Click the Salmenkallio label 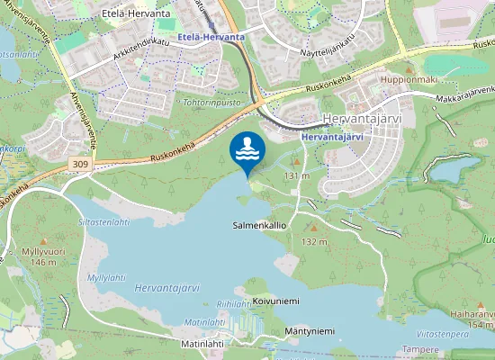pyautogui.click(x=258, y=225)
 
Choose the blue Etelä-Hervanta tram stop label pyautogui.click(x=211, y=36)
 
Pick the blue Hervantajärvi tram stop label pyautogui.click(x=333, y=136)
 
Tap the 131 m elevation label pyautogui.click(x=297, y=175)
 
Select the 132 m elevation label pyautogui.click(x=314, y=241)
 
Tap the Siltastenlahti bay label pyautogui.click(x=104, y=221)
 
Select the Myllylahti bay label pyautogui.click(x=106, y=278)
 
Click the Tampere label pyautogui.click(x=419, y=348)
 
